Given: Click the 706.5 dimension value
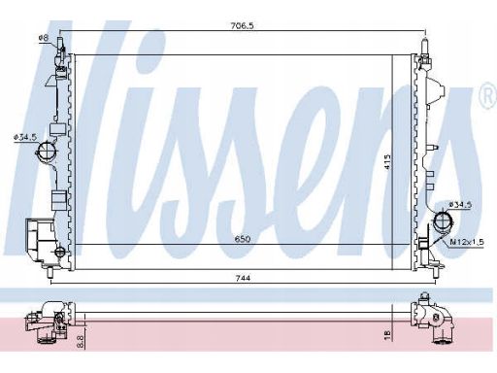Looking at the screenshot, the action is tap(243, 26).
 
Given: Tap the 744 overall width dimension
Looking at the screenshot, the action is tap(243, 278).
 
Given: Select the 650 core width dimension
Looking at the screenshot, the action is tap(243, 239).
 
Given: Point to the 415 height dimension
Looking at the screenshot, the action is tap(387, 161).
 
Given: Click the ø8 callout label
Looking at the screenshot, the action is tap(43, 38).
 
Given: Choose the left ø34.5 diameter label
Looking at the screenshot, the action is tap(25, 137).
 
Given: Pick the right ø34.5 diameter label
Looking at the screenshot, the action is tap(460, 205).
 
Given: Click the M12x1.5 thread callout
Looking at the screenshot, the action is tap(467, 242).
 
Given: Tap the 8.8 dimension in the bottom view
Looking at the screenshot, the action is tap(81, 342).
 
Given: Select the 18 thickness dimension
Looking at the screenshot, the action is tap(387, 332).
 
